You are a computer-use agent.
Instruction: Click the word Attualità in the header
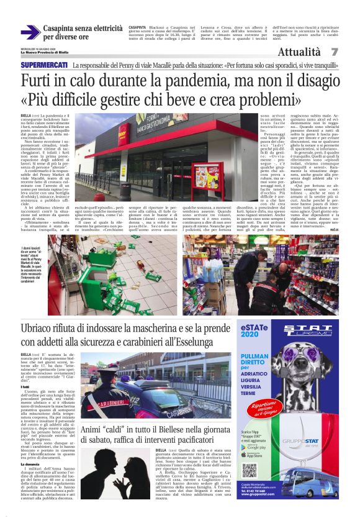click(299, 52)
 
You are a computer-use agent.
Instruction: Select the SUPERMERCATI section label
click(43, 65)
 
